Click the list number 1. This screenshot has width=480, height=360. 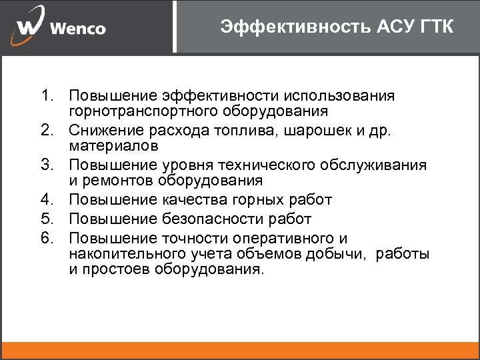45,96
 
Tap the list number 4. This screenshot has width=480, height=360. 45,199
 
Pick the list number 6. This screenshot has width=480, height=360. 45,239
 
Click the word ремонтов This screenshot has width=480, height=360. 115,180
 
